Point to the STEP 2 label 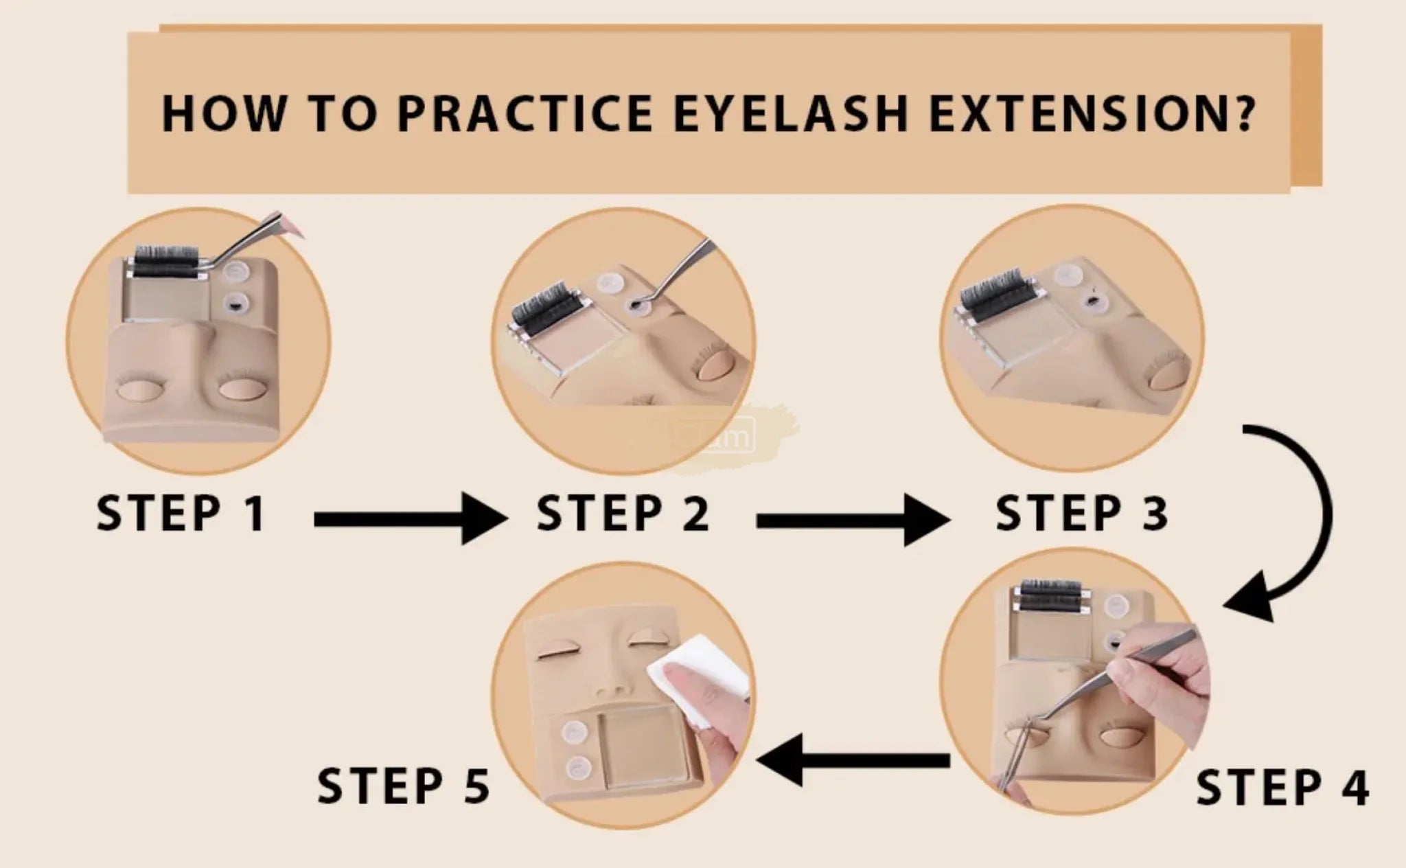click(623, 513)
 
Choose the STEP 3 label click(1081, 513)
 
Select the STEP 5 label click(404, 786)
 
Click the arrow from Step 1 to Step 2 click(411, 520)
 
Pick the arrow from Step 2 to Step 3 click(853, 520)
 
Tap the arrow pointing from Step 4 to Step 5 click(853, 759)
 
